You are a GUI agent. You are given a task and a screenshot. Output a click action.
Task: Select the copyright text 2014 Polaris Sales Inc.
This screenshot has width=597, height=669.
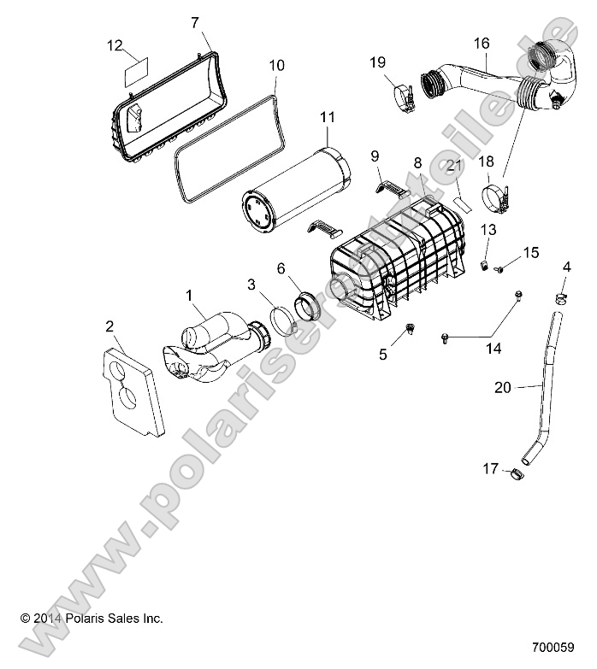(92, 618)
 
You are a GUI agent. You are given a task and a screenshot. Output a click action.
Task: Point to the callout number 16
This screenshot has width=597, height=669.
(481, 42)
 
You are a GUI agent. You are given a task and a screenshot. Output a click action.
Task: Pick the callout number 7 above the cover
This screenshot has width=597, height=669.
(194, 21)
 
